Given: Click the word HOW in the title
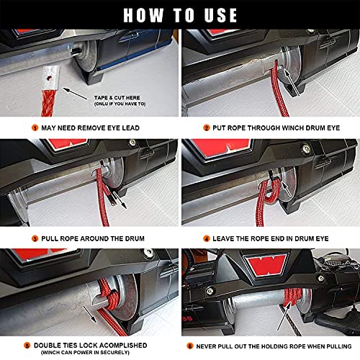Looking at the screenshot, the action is [x=143, y=15].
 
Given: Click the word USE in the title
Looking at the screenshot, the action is [x=220, y=15].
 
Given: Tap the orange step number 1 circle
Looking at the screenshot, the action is [x=35, y=127].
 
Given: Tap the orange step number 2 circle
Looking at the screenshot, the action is [x=207, y=127].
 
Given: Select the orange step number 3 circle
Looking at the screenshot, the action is [x=35, y=238].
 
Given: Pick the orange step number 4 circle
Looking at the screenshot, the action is [x=207, y=238].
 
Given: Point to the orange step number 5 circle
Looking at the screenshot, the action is [x=27, y=346].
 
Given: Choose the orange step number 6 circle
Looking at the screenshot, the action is [x=190, y=346].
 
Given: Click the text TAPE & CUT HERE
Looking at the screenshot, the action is [x=117, y=98].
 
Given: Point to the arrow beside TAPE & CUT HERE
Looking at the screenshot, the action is [x=75, y=94].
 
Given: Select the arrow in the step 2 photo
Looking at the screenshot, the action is [x=292, y=82].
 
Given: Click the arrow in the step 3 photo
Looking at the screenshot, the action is [x=120, y=200].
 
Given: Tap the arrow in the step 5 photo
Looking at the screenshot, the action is [x=90, y=315].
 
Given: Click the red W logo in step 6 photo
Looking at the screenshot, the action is [x=266, y=265].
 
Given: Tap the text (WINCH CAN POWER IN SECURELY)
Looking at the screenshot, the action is [x=85, y=353].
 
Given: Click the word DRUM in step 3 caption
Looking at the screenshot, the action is [x=135, y=238].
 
